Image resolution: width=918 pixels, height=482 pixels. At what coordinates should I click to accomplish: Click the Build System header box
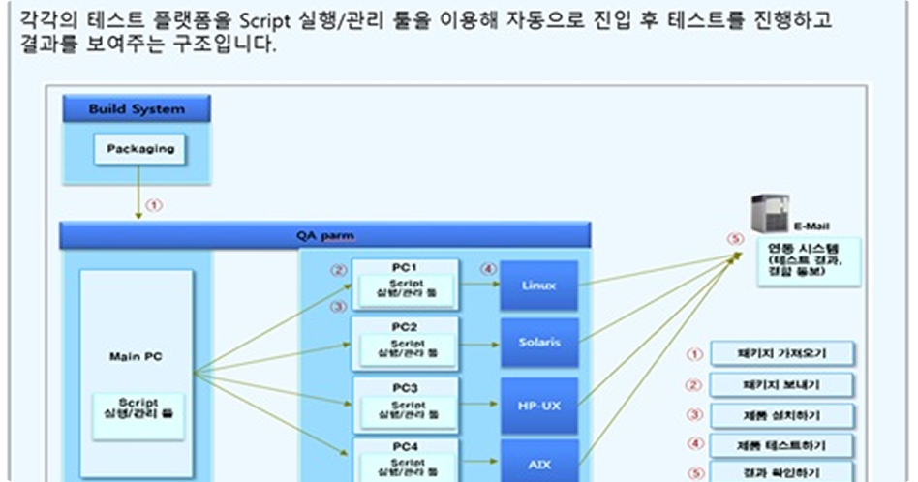coord(137,109)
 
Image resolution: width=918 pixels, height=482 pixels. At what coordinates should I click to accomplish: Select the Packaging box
coord(140,149)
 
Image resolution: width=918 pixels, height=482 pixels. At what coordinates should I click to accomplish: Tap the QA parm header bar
coord(324,235)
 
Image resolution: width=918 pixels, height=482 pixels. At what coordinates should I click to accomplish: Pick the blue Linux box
coord(538,286)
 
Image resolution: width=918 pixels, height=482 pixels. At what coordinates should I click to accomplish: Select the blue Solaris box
coord(538,343)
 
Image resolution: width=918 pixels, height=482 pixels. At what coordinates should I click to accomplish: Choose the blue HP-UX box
coord(538,405)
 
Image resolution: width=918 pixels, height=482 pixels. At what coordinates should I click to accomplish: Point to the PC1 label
coord(405,267)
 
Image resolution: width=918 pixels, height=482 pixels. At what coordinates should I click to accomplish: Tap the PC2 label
coord(405,327)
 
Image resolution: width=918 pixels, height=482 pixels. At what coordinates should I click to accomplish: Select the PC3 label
coord(405,387)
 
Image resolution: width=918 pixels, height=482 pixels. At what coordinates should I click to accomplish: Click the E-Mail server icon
coord(771,213)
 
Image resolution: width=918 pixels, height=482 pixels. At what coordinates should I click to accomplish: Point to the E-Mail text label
coord(811,226)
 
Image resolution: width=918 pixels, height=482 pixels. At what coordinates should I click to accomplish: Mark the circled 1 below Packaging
coord(155,205)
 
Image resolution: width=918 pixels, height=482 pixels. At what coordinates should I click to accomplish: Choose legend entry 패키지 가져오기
coord(781,353)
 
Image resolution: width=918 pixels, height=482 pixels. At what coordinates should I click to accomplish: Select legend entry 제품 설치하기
coord(781,416)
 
